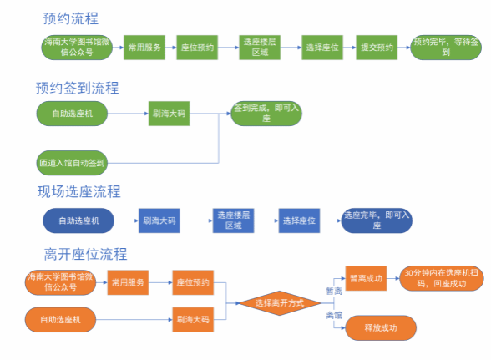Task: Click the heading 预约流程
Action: (71, 18)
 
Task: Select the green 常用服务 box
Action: (144, 48)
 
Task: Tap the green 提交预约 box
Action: (377, 48)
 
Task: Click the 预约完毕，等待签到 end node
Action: (446, 48)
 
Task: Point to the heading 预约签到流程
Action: (78, 88)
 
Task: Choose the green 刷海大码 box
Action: (169, 114)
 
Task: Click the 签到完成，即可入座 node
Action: (266, 114)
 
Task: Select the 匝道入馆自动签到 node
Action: (72, 163)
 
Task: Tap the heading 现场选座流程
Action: (78, 192)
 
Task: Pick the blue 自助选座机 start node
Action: (78, 221)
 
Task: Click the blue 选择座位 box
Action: (299, 221)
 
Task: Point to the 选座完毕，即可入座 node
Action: (377, 221)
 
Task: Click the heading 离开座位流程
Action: (85, 254)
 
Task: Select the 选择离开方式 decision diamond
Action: (280, 303)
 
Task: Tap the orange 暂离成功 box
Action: (366, 278)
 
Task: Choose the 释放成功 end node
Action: (381, 327)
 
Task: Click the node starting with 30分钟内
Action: (442, 278)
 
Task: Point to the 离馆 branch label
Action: (334, 315)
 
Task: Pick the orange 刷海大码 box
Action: (193, 320)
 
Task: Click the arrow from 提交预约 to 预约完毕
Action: (404, 48)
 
